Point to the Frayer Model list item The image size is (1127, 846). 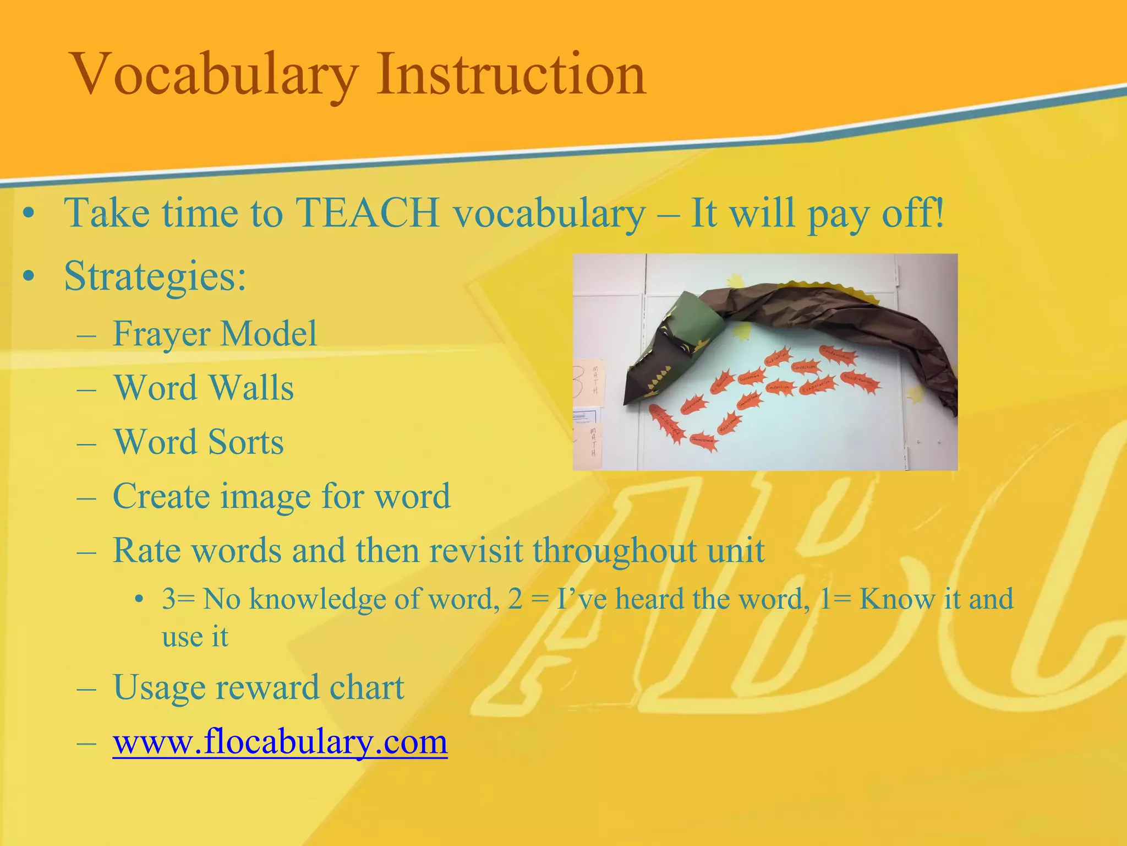(x=215, y=334)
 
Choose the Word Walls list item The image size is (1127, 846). (x=204, y=388)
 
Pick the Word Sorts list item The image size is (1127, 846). (x=198, y=442)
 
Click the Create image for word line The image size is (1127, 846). (x=281, y=496)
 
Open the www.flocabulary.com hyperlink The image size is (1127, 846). (x=280, y=741)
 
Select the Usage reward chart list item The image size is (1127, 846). (x=258, y=687)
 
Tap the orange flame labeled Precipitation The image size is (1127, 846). (x=858, y=380)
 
